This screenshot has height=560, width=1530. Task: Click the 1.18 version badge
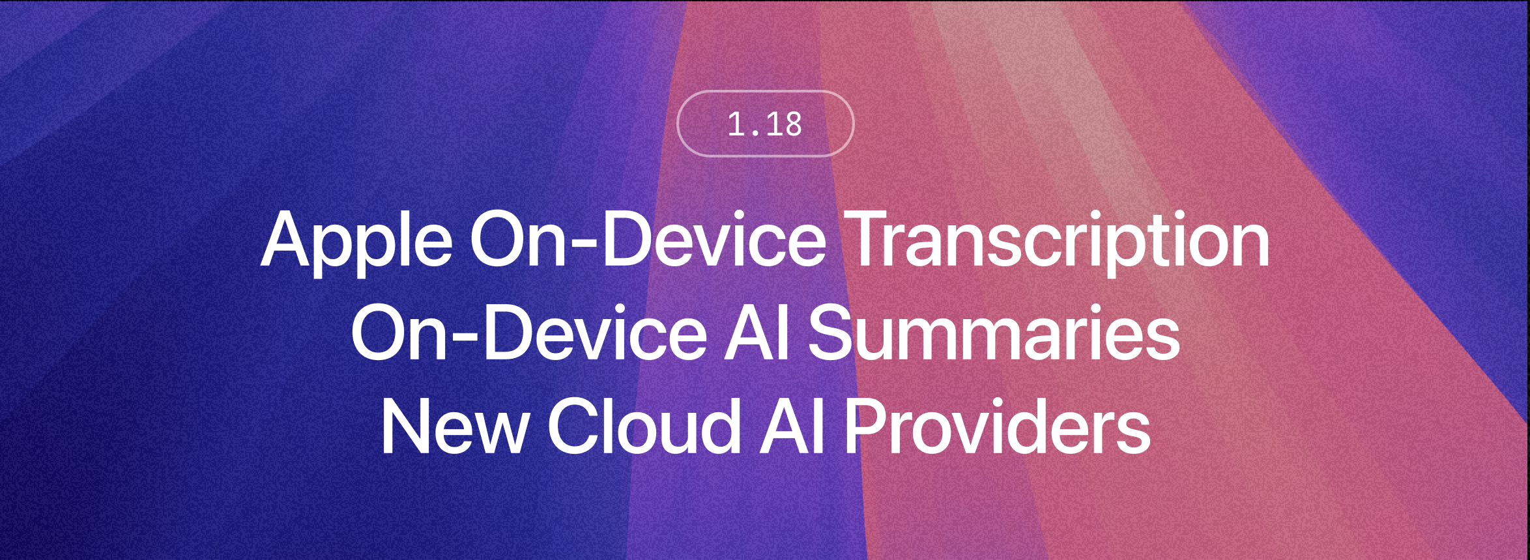point(765,124)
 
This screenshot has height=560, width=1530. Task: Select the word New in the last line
point(455,426)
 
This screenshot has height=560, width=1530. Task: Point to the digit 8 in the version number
point(792,124)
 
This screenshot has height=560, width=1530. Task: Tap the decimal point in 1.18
point(755,133)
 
